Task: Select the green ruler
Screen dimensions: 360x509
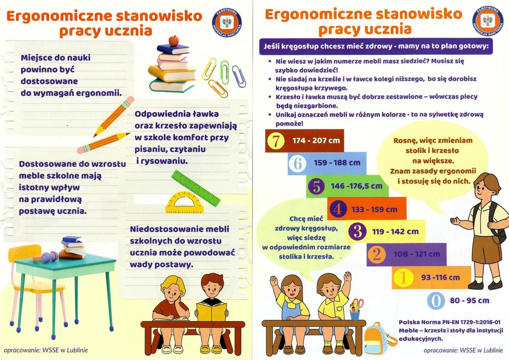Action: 195,188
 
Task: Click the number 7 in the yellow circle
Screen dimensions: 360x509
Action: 276,141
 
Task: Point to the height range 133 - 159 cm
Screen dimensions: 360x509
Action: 375,209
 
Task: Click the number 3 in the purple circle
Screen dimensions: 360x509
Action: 357,232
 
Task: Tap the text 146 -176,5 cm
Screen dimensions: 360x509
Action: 357,186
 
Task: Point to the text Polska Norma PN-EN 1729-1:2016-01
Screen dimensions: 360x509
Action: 450,322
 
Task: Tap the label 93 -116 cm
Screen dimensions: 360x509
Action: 440,277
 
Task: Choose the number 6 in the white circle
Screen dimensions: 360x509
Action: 298,164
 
